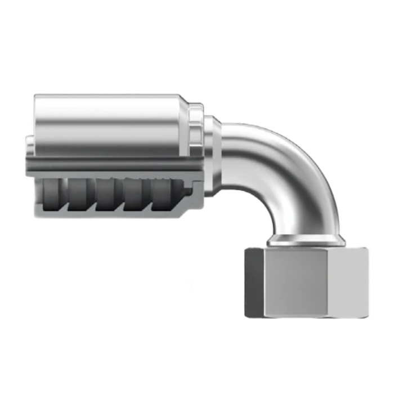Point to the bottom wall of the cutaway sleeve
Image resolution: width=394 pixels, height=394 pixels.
pyautogui.click(x=107, y=213)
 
